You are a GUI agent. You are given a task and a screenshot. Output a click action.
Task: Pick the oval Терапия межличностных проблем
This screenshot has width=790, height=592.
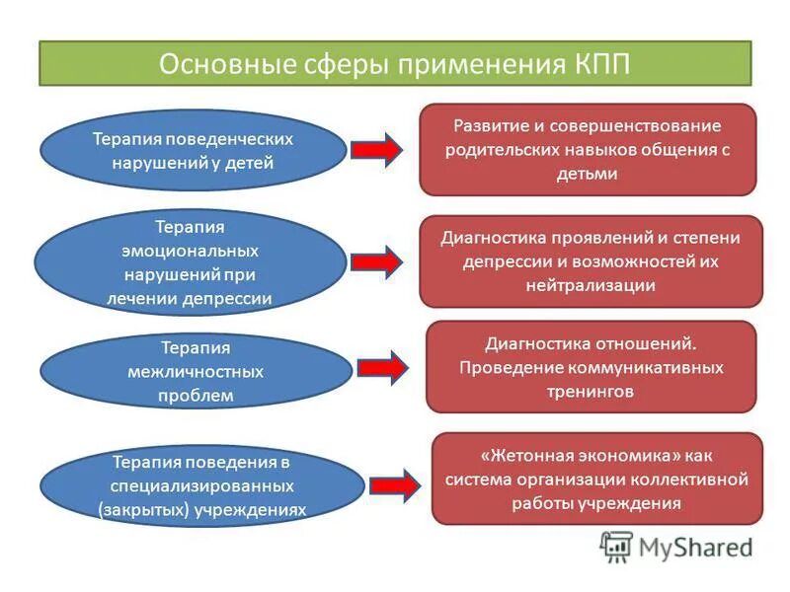click(x=196, y=372)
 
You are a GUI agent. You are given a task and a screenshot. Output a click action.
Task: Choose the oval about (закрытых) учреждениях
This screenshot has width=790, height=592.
click(x=202, y=484)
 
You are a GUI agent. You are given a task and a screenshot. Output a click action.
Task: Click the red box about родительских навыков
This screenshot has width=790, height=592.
click(x=588, y=150)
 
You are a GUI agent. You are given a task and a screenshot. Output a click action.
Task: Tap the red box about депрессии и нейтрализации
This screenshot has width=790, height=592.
click(x=591, y=261)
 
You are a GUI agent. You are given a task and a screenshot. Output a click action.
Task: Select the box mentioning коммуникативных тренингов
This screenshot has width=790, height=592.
click(x=591, y=366)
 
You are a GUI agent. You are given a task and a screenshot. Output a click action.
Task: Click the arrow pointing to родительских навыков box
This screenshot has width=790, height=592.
click(x=376, y=149)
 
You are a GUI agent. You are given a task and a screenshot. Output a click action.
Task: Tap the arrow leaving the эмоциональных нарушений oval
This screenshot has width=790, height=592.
click(x=376, y=261)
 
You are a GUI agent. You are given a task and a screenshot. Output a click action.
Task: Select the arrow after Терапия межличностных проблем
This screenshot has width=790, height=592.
click(x=381, y=367)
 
